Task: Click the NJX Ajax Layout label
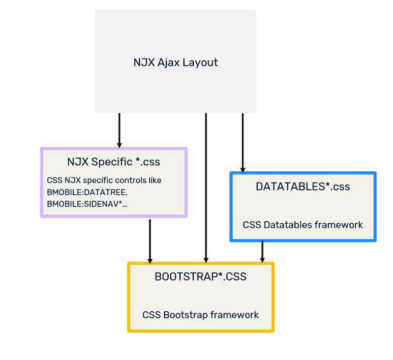click(175, 63)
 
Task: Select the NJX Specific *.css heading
click(113, 162)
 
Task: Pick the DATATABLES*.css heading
click(303, 186)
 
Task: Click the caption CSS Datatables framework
click(303, 224)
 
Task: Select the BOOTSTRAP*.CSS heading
click(200, 276)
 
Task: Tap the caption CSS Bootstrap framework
click(200, 315)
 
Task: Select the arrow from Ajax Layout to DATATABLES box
click(243, 142)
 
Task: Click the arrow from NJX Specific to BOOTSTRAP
click(150, 240)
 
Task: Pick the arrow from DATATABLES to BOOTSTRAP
click(262, 251)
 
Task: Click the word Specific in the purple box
click(115, 162)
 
